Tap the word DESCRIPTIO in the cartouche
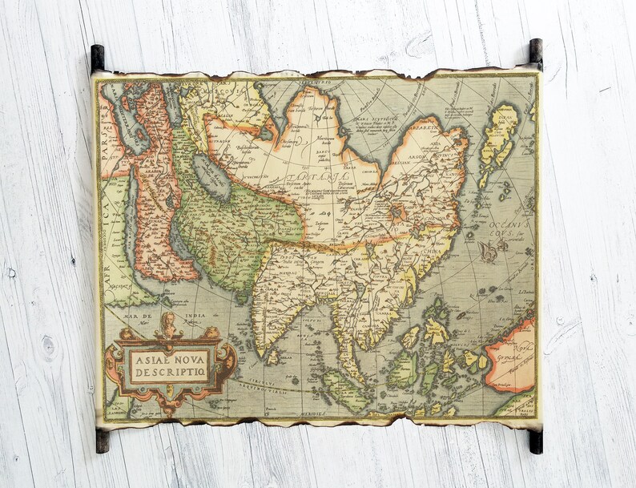tap(169, 373)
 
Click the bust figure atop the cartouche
tap(169, 324)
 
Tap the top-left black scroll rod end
tap(97, 58)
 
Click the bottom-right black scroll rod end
tap(535, 441)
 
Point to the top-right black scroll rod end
tap(535, 52)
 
